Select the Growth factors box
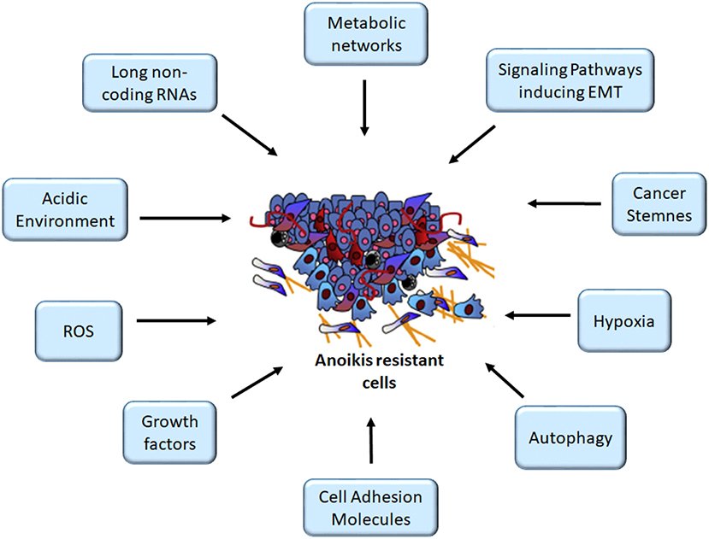pyautogui.click(x=170, y=431)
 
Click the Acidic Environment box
pyautogui.click(x=65, y=209)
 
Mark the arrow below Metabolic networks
pyautogui.click(x=365, y=108)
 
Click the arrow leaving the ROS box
pyautogui.click(x=176, y=321)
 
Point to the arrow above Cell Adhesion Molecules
pyautogui.click(x=370, y=439)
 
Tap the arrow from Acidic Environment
pyautogui.click(x=186, y=219)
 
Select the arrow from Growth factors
pyautogui.click(x=257, y=383)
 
